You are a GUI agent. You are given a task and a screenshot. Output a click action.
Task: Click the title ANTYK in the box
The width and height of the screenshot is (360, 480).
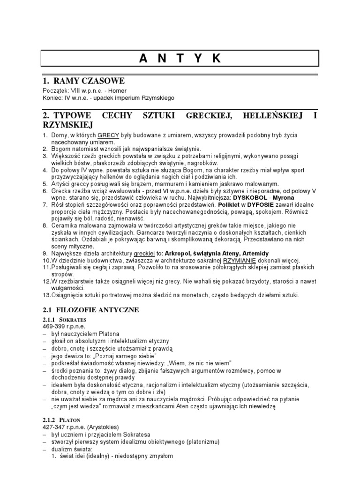coord(180,58)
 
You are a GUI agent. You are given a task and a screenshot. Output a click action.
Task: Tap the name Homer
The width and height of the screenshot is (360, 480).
coord(118,90)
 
